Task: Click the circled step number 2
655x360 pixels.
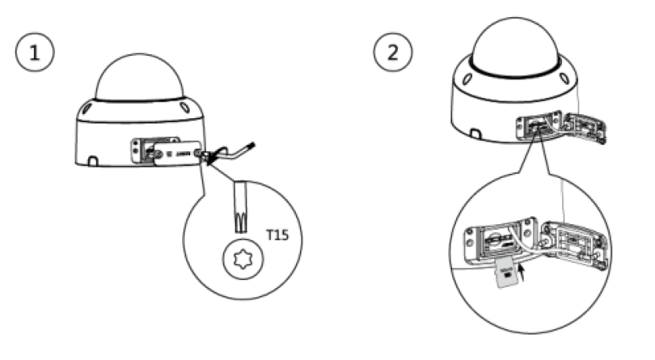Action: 391,53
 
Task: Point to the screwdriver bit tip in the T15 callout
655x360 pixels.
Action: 239,213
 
